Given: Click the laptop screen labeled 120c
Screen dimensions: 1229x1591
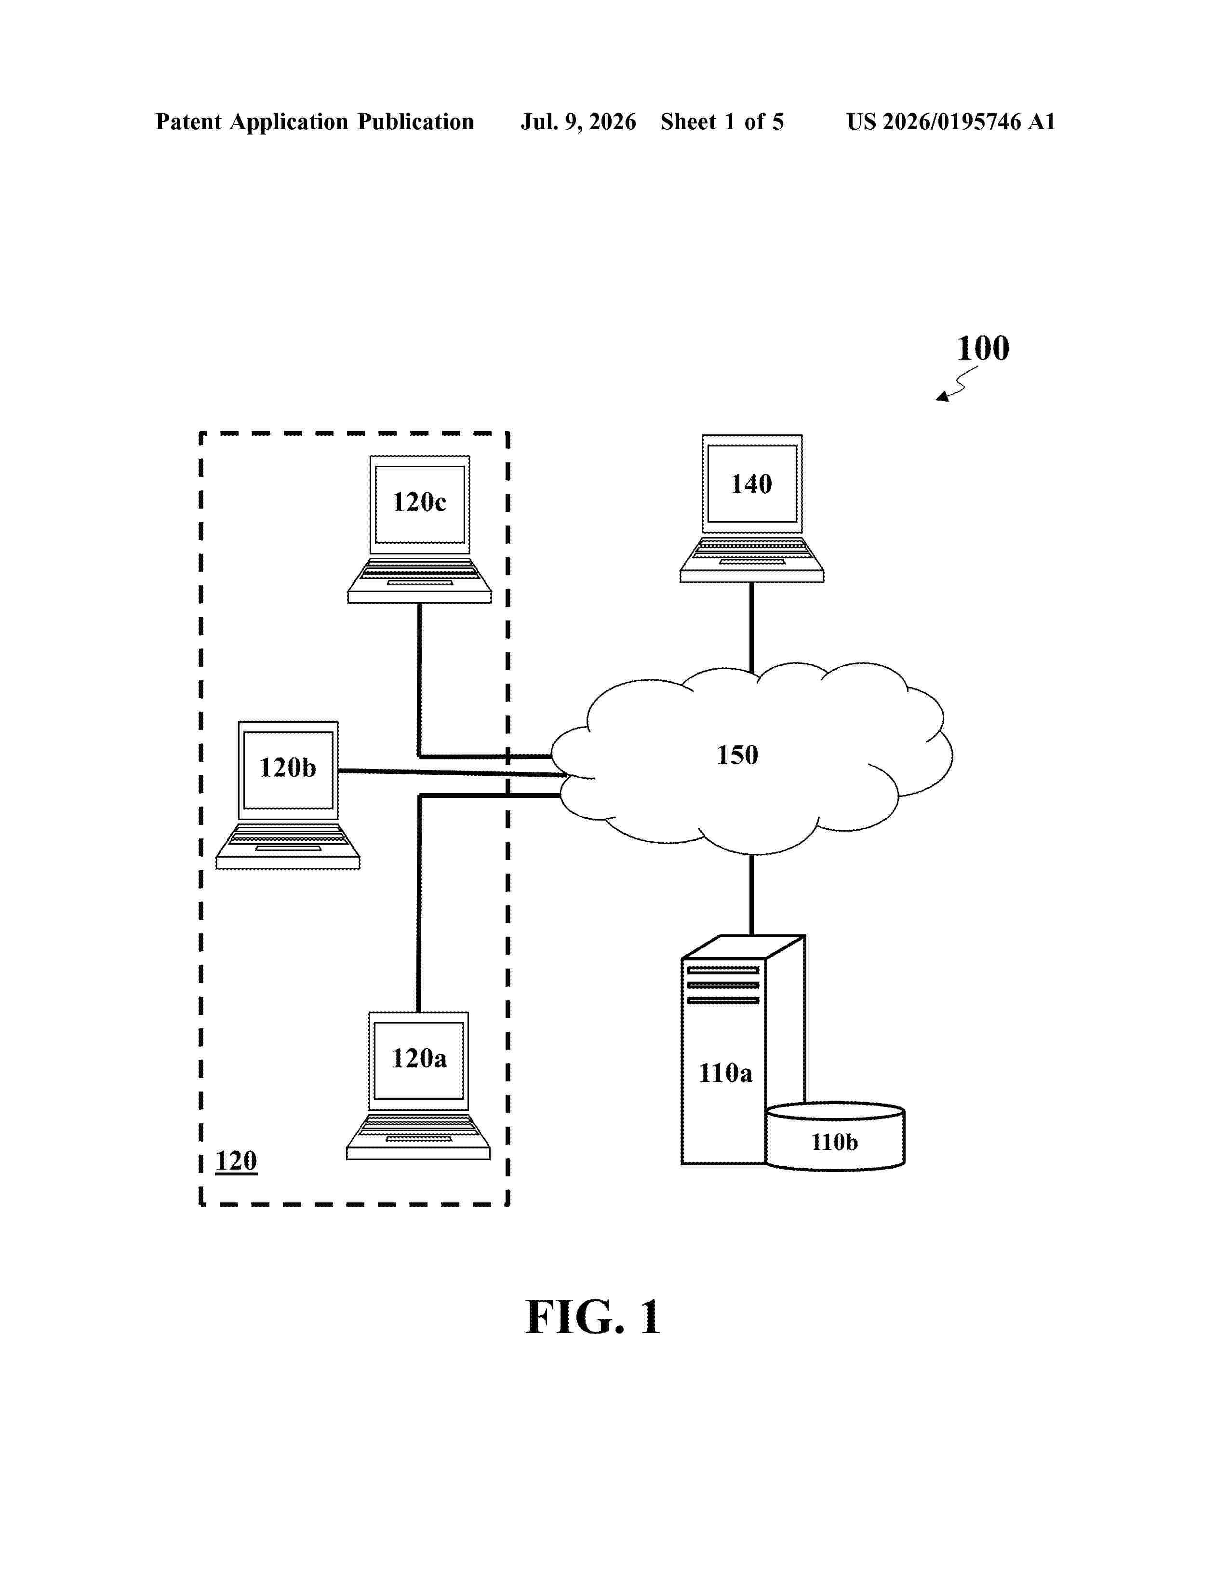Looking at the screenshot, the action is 419,504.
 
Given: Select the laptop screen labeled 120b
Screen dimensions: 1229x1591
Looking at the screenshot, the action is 288,770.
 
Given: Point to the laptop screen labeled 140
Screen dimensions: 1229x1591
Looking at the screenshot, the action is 752,484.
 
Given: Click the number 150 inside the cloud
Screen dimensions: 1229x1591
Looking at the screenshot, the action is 737,755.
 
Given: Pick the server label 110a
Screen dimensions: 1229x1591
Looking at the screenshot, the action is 725,1073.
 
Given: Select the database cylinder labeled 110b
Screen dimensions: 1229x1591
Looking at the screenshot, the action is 835,1136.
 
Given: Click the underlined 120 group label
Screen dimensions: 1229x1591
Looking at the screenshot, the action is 236,1160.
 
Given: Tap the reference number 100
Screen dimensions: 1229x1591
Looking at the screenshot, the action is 983,348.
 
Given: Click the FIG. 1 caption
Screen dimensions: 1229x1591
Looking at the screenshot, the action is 593,1318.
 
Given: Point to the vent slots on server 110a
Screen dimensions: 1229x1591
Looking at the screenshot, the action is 723,985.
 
